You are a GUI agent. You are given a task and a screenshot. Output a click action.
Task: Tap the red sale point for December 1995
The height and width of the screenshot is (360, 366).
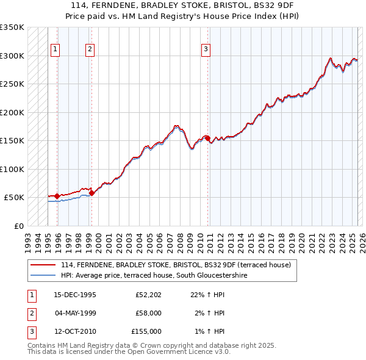[57, 196]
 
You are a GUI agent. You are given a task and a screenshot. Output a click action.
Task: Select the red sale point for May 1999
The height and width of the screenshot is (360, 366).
[92, 193]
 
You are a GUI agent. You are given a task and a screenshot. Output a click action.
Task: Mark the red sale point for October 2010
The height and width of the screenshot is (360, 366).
[208, 138]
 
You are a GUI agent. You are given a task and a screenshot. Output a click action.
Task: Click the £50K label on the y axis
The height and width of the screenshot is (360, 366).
[13, 198]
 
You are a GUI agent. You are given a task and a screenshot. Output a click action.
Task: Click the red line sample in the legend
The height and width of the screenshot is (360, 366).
[43, 265]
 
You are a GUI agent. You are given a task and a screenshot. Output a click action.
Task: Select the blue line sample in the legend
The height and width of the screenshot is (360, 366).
[43, 275]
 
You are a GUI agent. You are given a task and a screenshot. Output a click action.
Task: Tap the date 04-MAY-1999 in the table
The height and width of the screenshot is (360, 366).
[75, 313]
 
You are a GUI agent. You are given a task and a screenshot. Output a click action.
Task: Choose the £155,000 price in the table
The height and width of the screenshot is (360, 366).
[146, 331]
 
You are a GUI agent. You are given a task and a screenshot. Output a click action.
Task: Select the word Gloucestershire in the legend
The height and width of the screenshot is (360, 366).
[262, 275]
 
